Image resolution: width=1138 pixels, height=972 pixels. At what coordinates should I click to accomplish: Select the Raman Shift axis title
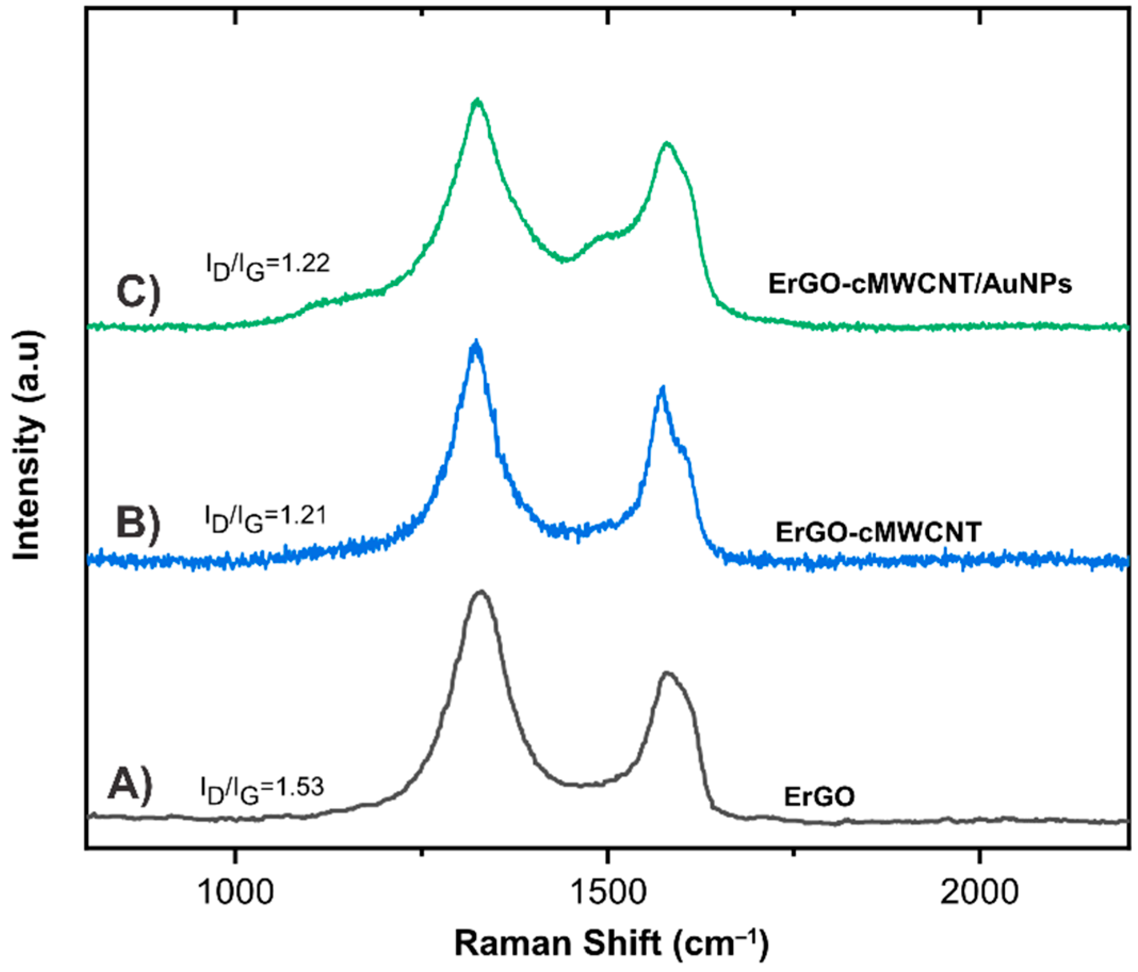611,944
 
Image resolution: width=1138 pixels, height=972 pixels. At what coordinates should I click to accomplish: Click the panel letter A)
129,786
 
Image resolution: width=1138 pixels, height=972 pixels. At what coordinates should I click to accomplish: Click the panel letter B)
138,522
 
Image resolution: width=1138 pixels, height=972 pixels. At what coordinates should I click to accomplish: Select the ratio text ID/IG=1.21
266,518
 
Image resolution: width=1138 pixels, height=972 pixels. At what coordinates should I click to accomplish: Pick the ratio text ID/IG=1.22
267,266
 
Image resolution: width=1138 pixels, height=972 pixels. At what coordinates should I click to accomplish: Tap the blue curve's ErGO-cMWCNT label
878,532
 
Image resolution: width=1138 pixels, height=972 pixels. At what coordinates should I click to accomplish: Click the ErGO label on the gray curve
819,796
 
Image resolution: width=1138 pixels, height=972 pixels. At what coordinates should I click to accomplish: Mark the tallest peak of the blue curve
476,343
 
